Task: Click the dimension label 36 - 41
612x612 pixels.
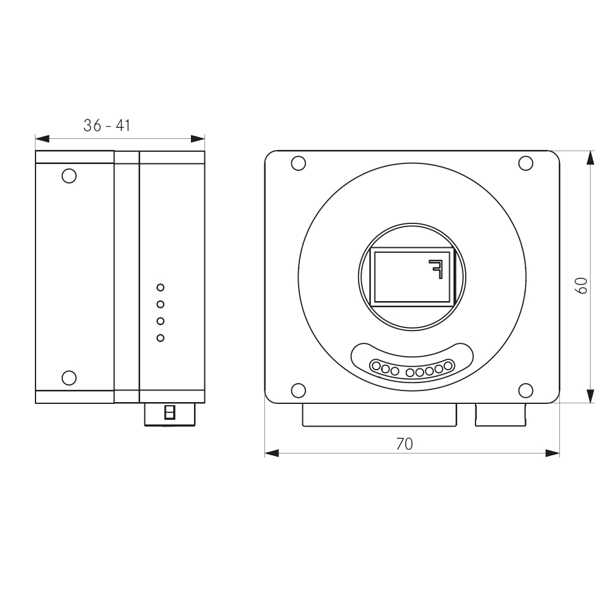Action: click(x=107, y=125)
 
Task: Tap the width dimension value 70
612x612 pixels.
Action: click(x=404, y=444)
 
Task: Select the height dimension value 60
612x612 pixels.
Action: click(x=581, y=285)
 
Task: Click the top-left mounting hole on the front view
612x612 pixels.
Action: click(x=298, y=163)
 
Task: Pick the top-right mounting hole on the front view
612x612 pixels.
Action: click(x=525, y=163)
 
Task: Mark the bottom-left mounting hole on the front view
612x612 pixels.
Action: click(x=298, y=390)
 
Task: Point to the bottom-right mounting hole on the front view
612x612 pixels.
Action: click(x=525, y=390)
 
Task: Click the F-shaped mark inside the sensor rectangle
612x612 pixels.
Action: click(x=435, y=268)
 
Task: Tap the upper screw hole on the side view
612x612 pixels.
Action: click(x=69, y=176)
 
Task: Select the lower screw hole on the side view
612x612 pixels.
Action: click(x=69, y=377)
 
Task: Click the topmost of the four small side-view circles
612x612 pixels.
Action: click(x=161, y=287)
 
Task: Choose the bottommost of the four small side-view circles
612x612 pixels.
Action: click(x=161, y=338)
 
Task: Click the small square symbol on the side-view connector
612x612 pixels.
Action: click(x=170, y=412)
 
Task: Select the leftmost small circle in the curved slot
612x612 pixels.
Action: click(x=376, y=367)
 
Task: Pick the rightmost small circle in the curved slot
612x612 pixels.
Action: click(x=449, y=365)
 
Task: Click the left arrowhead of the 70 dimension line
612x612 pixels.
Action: click(x=271, y=453)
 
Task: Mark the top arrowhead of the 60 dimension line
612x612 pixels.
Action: click(x=590, y=157)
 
